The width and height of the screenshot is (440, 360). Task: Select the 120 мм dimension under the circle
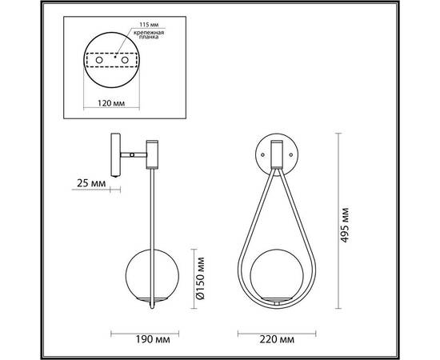tap(111, 102)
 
